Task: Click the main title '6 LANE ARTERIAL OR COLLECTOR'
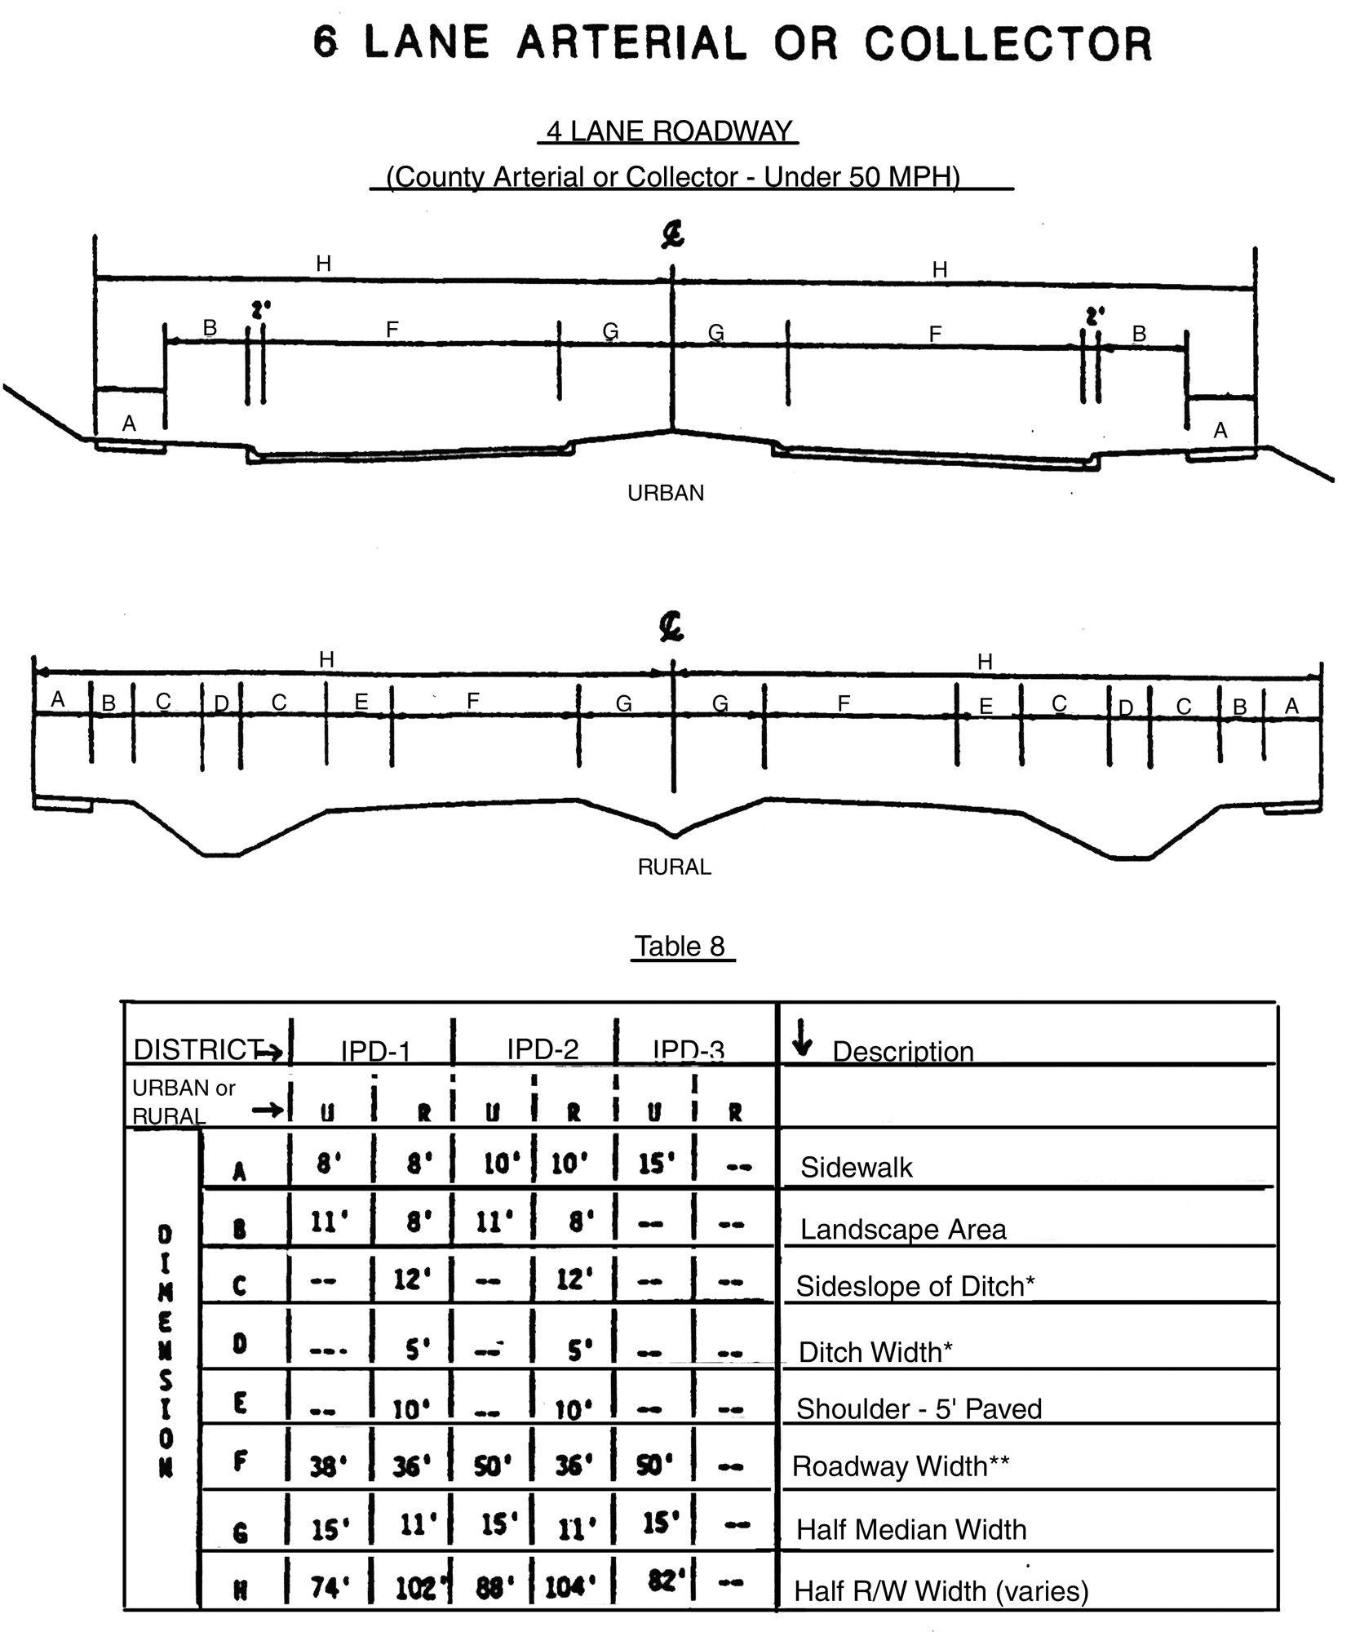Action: pos(732,44)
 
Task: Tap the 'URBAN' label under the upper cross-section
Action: pos(666,493)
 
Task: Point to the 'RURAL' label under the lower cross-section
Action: pos(674,867)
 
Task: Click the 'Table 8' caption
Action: pos(680,946)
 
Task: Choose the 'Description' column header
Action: pos(902,1051)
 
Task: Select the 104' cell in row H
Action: pos(569,1586)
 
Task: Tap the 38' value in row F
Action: pos(329,1467)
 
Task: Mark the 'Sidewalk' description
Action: pos(856,1167)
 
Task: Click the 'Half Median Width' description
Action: pos(910,1528)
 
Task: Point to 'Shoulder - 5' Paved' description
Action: pos(919,1408)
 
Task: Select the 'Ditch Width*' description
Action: pos(875,1351)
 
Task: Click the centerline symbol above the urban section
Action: pos(672,236)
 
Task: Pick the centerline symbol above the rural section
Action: pos(671,628)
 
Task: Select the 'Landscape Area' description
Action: pos(903,1229)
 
